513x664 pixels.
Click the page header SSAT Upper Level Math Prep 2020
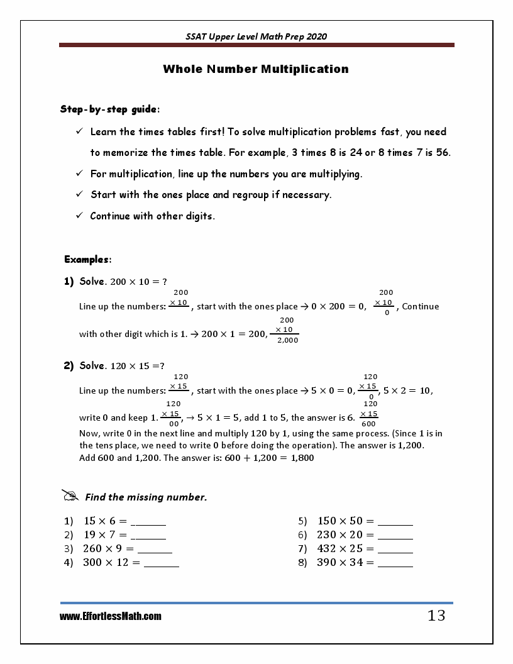(256, 36)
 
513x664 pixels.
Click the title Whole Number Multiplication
(256, 69)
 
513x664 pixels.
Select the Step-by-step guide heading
(109, 109)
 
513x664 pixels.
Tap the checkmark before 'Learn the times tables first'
(80, 131)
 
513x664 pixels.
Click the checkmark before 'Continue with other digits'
(80, 216)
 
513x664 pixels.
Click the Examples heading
(88, 259)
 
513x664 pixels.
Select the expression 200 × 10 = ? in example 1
(138, 282)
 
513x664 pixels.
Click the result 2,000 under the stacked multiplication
(288, 340)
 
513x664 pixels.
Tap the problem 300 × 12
(111, 563)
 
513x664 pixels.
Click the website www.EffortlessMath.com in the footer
(111, 617)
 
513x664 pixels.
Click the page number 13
(436, 616)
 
